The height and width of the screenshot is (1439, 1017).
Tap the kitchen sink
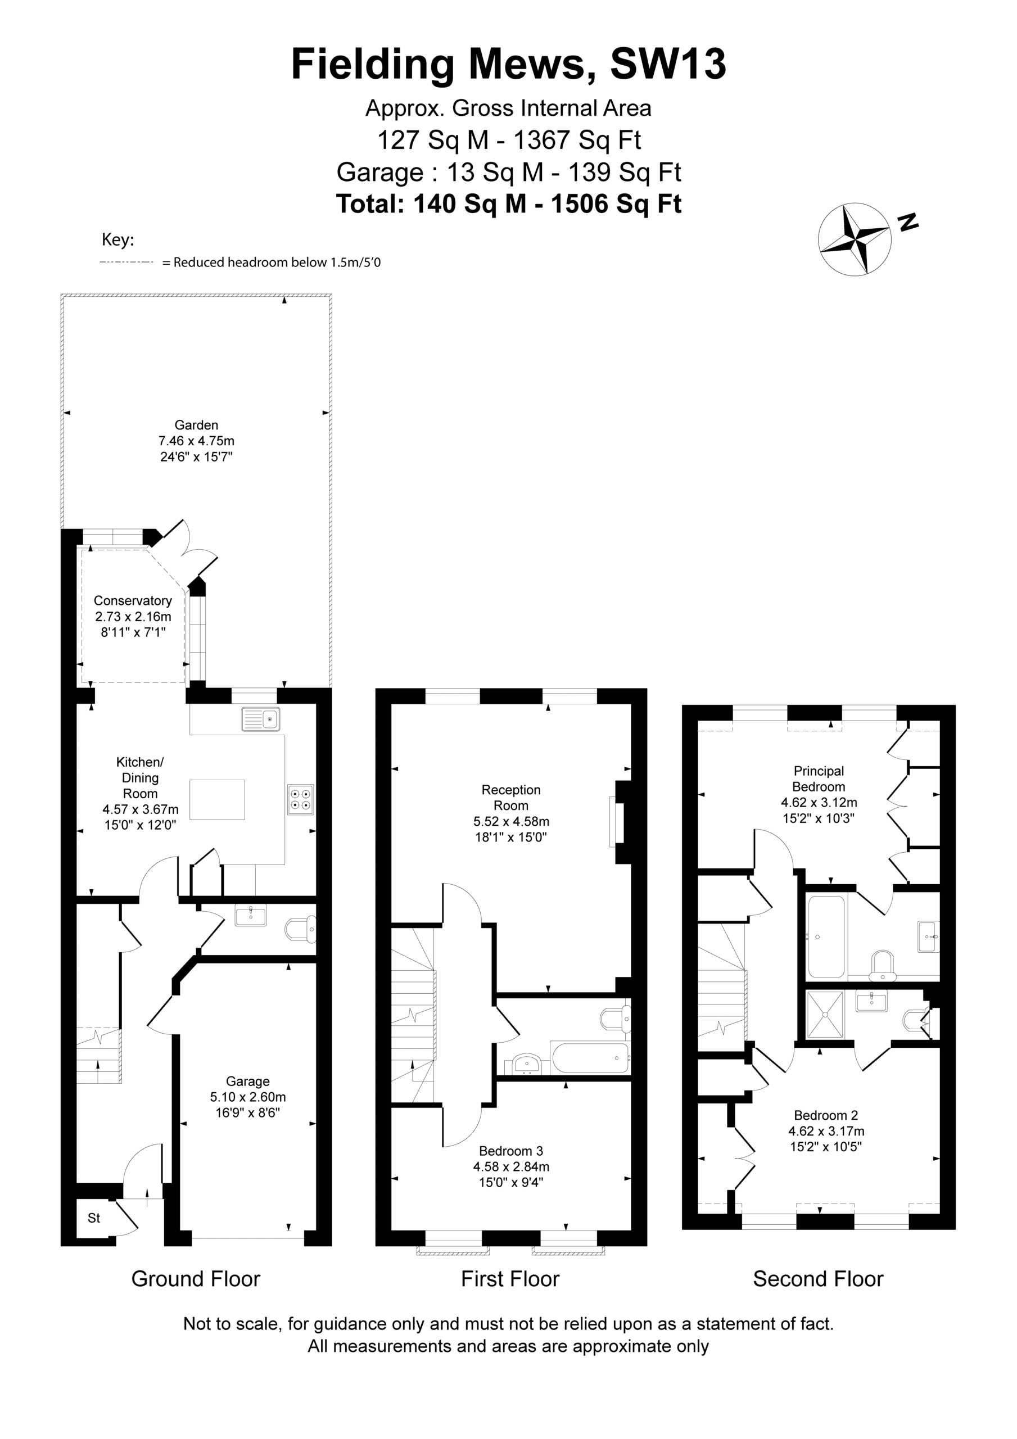click(261, 719)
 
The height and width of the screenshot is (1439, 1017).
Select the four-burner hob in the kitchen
click(300, 799)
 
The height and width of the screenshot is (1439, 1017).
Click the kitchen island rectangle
click(217, 799)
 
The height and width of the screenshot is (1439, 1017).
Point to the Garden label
click(196, 424)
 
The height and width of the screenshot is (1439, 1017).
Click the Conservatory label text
click(132, 600)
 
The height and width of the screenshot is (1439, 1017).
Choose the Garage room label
click(248, 1081)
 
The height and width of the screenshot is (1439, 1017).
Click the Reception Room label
click(510, 797)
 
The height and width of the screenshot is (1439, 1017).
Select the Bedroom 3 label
click(510, 1151)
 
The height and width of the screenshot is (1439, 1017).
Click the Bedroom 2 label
click(826, 1115)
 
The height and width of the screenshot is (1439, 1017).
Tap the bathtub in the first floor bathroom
click(589, 1058)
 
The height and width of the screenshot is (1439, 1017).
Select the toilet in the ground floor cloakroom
click(301, 930)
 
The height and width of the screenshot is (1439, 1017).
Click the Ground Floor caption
click(196, 1279)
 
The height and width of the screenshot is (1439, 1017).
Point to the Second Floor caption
click(817, 1279)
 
